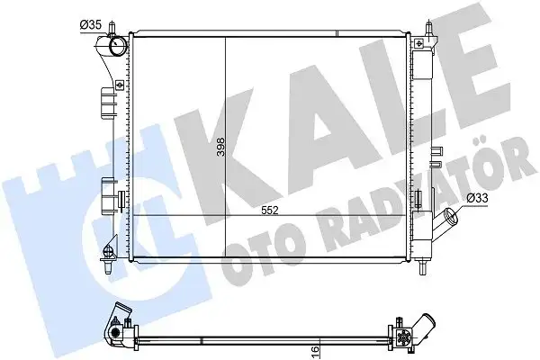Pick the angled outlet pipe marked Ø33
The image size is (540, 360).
(446, 219)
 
